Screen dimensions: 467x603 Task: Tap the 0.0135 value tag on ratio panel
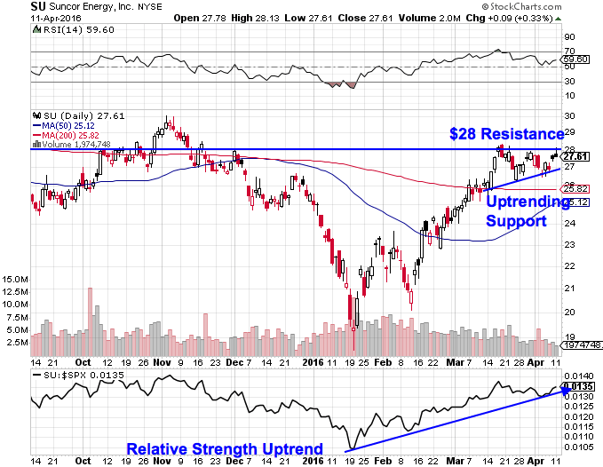pyautogui.click(x=578, y=386)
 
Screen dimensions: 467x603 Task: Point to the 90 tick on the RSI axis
pyautogui.click(x=570, y=37)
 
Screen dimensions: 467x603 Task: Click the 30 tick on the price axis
pyautogui.click(x=569, y=116)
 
